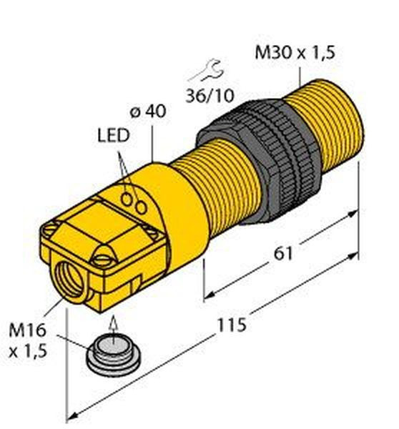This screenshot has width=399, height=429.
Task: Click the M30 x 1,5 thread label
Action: point(295,52)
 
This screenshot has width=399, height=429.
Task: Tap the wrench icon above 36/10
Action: point(206,70)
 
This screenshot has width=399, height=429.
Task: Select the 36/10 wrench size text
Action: point(210,96)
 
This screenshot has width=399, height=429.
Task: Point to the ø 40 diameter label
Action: point(148,112)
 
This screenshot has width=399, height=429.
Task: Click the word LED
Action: point(113,135)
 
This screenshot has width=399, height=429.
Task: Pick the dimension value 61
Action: point(283,254)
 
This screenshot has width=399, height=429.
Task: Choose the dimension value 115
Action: point(232,325)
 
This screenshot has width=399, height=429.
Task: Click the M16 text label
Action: point(27,330)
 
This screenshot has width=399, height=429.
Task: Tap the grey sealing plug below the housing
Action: point(113,355)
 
